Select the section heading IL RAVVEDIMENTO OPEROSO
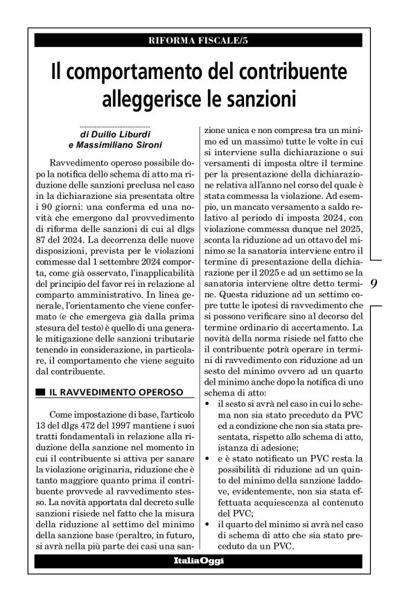115,392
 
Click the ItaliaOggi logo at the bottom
198,560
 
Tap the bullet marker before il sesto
203,402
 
